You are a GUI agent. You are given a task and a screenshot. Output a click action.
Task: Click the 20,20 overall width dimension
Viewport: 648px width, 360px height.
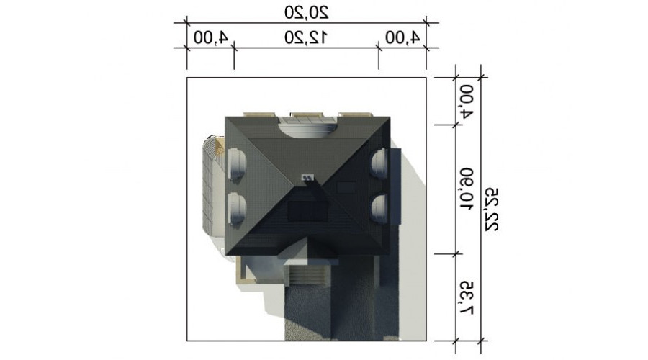(x=306, y=13)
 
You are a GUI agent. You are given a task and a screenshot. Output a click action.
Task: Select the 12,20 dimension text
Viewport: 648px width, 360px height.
(x=306, y=38)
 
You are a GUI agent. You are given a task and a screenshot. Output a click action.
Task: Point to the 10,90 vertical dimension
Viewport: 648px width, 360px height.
(x=467, y=189)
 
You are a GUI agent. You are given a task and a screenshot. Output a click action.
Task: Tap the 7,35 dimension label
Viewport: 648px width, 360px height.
(x=467, y=298)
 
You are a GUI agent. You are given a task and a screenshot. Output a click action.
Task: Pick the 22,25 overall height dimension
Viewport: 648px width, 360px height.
(x=492, y=209)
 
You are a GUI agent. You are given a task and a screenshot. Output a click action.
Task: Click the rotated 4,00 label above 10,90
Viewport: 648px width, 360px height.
(x=467, y=102)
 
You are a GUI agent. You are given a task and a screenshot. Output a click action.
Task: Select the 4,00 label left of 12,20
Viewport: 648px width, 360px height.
(x=211, y=38)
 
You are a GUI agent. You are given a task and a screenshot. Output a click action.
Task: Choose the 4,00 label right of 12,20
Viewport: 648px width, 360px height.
(x=402, y=38)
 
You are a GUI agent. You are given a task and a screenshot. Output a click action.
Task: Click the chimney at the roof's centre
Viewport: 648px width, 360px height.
(x=308, y=178)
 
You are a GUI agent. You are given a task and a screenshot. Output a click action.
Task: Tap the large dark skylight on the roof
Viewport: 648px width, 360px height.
(x=308, y=212)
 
